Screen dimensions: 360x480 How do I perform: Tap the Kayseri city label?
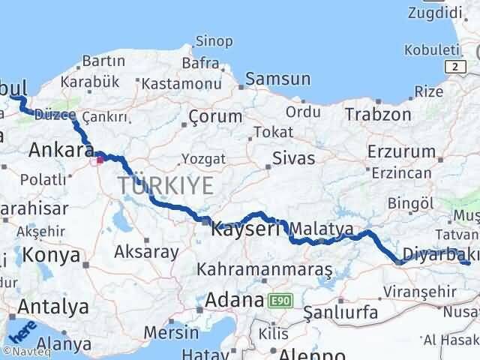246,229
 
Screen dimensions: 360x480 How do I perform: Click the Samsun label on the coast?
277,79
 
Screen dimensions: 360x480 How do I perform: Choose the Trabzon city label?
378,115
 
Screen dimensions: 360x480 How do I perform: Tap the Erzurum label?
401,151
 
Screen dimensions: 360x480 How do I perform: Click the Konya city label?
52,255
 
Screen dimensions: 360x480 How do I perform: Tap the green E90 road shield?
280,301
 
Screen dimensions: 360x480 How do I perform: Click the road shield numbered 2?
454,67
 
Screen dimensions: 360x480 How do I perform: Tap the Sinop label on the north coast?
214,41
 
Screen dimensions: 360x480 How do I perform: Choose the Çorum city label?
215,116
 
